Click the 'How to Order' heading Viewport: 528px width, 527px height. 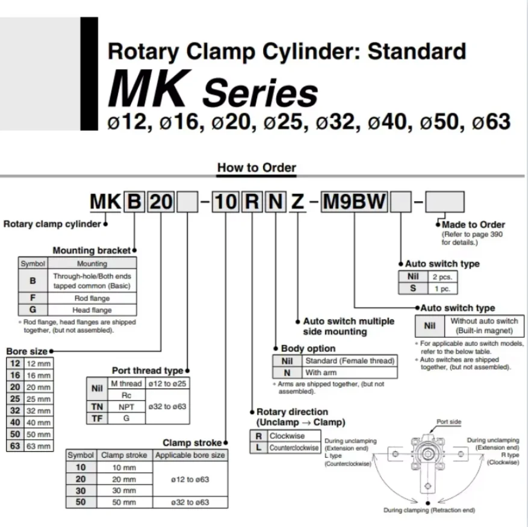coord(256,167)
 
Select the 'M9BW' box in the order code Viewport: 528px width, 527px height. coord(354,202)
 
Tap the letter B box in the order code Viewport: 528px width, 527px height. coord(134,202)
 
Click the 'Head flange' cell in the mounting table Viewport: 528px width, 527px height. coord(92,310)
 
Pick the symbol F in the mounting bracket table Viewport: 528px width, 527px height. coord(33,298)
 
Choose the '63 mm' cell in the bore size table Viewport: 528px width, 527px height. coord(39,446)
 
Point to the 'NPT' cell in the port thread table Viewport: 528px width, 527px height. coord(126,407)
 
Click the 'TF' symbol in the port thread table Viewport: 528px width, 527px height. coord(97,419)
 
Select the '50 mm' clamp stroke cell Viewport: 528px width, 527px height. coord(124,502)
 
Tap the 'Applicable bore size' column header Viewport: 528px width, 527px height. coord(190,455)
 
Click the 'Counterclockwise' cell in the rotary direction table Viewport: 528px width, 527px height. coord(294,448)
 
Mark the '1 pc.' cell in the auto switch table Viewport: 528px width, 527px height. coord(443,288)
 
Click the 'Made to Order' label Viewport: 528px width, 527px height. coord(473,225)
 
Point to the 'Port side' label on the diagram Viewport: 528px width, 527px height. coord(449,422)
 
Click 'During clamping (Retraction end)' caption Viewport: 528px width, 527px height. coord(429,511)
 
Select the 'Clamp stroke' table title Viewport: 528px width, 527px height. coord(192,443)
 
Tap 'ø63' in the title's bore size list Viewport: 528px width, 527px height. coord(491,122)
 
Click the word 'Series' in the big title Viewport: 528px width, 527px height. coord(260,92)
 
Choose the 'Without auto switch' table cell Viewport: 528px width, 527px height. coord(484,326)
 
